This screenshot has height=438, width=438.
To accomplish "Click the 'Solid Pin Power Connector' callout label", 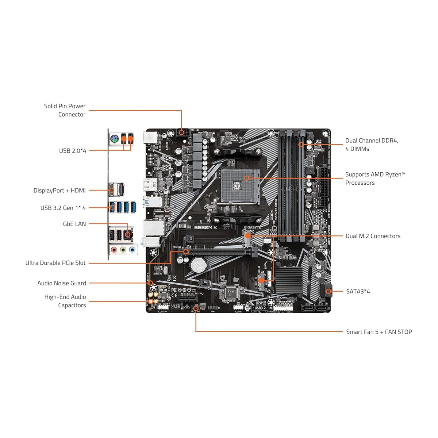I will pyautogui.click(x=65, y=110).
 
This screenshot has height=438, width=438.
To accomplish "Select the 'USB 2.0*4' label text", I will pyautogui.click(x=73, y=150).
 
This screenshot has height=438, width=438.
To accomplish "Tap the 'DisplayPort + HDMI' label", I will pyautogui.click(x=59, y=191).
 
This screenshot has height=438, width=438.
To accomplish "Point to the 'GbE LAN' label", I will pyautogui.click(x=74, y=224).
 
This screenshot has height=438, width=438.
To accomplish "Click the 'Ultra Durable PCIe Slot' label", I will pyautogui.click(x=55, y=263).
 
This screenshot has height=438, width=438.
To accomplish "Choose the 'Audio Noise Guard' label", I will pyautogui.click(x=62, y=283).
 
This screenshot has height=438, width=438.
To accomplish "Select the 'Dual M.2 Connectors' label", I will pyautogui.click(x=373, y=236).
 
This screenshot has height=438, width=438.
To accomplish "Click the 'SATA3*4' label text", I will pyautogui.click(x=358, y=291).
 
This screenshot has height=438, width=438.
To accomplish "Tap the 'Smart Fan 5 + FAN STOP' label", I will pyautogui.click(x=379, y=332).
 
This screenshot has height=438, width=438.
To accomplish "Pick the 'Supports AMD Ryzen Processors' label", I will pyautogui.click(x=375, y=178).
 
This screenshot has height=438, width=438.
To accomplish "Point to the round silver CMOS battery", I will pyautogui.click(x=199, y=265).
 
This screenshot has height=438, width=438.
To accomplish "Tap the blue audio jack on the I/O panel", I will pyautogui.click(x=132, y=250).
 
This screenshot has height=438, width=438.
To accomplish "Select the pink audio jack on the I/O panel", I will pyautogui.click(x=114, y=250).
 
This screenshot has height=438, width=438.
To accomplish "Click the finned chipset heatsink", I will pyautogui.click(x=289, y=279).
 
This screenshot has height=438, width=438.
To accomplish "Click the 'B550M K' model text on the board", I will pyautogui.click(x=205, y=227).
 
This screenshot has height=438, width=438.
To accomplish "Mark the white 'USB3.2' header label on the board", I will pyautogui.click(x=260, y=308).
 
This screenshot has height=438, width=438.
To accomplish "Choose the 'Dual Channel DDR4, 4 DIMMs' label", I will pyautogui.click(x=372, y=145).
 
